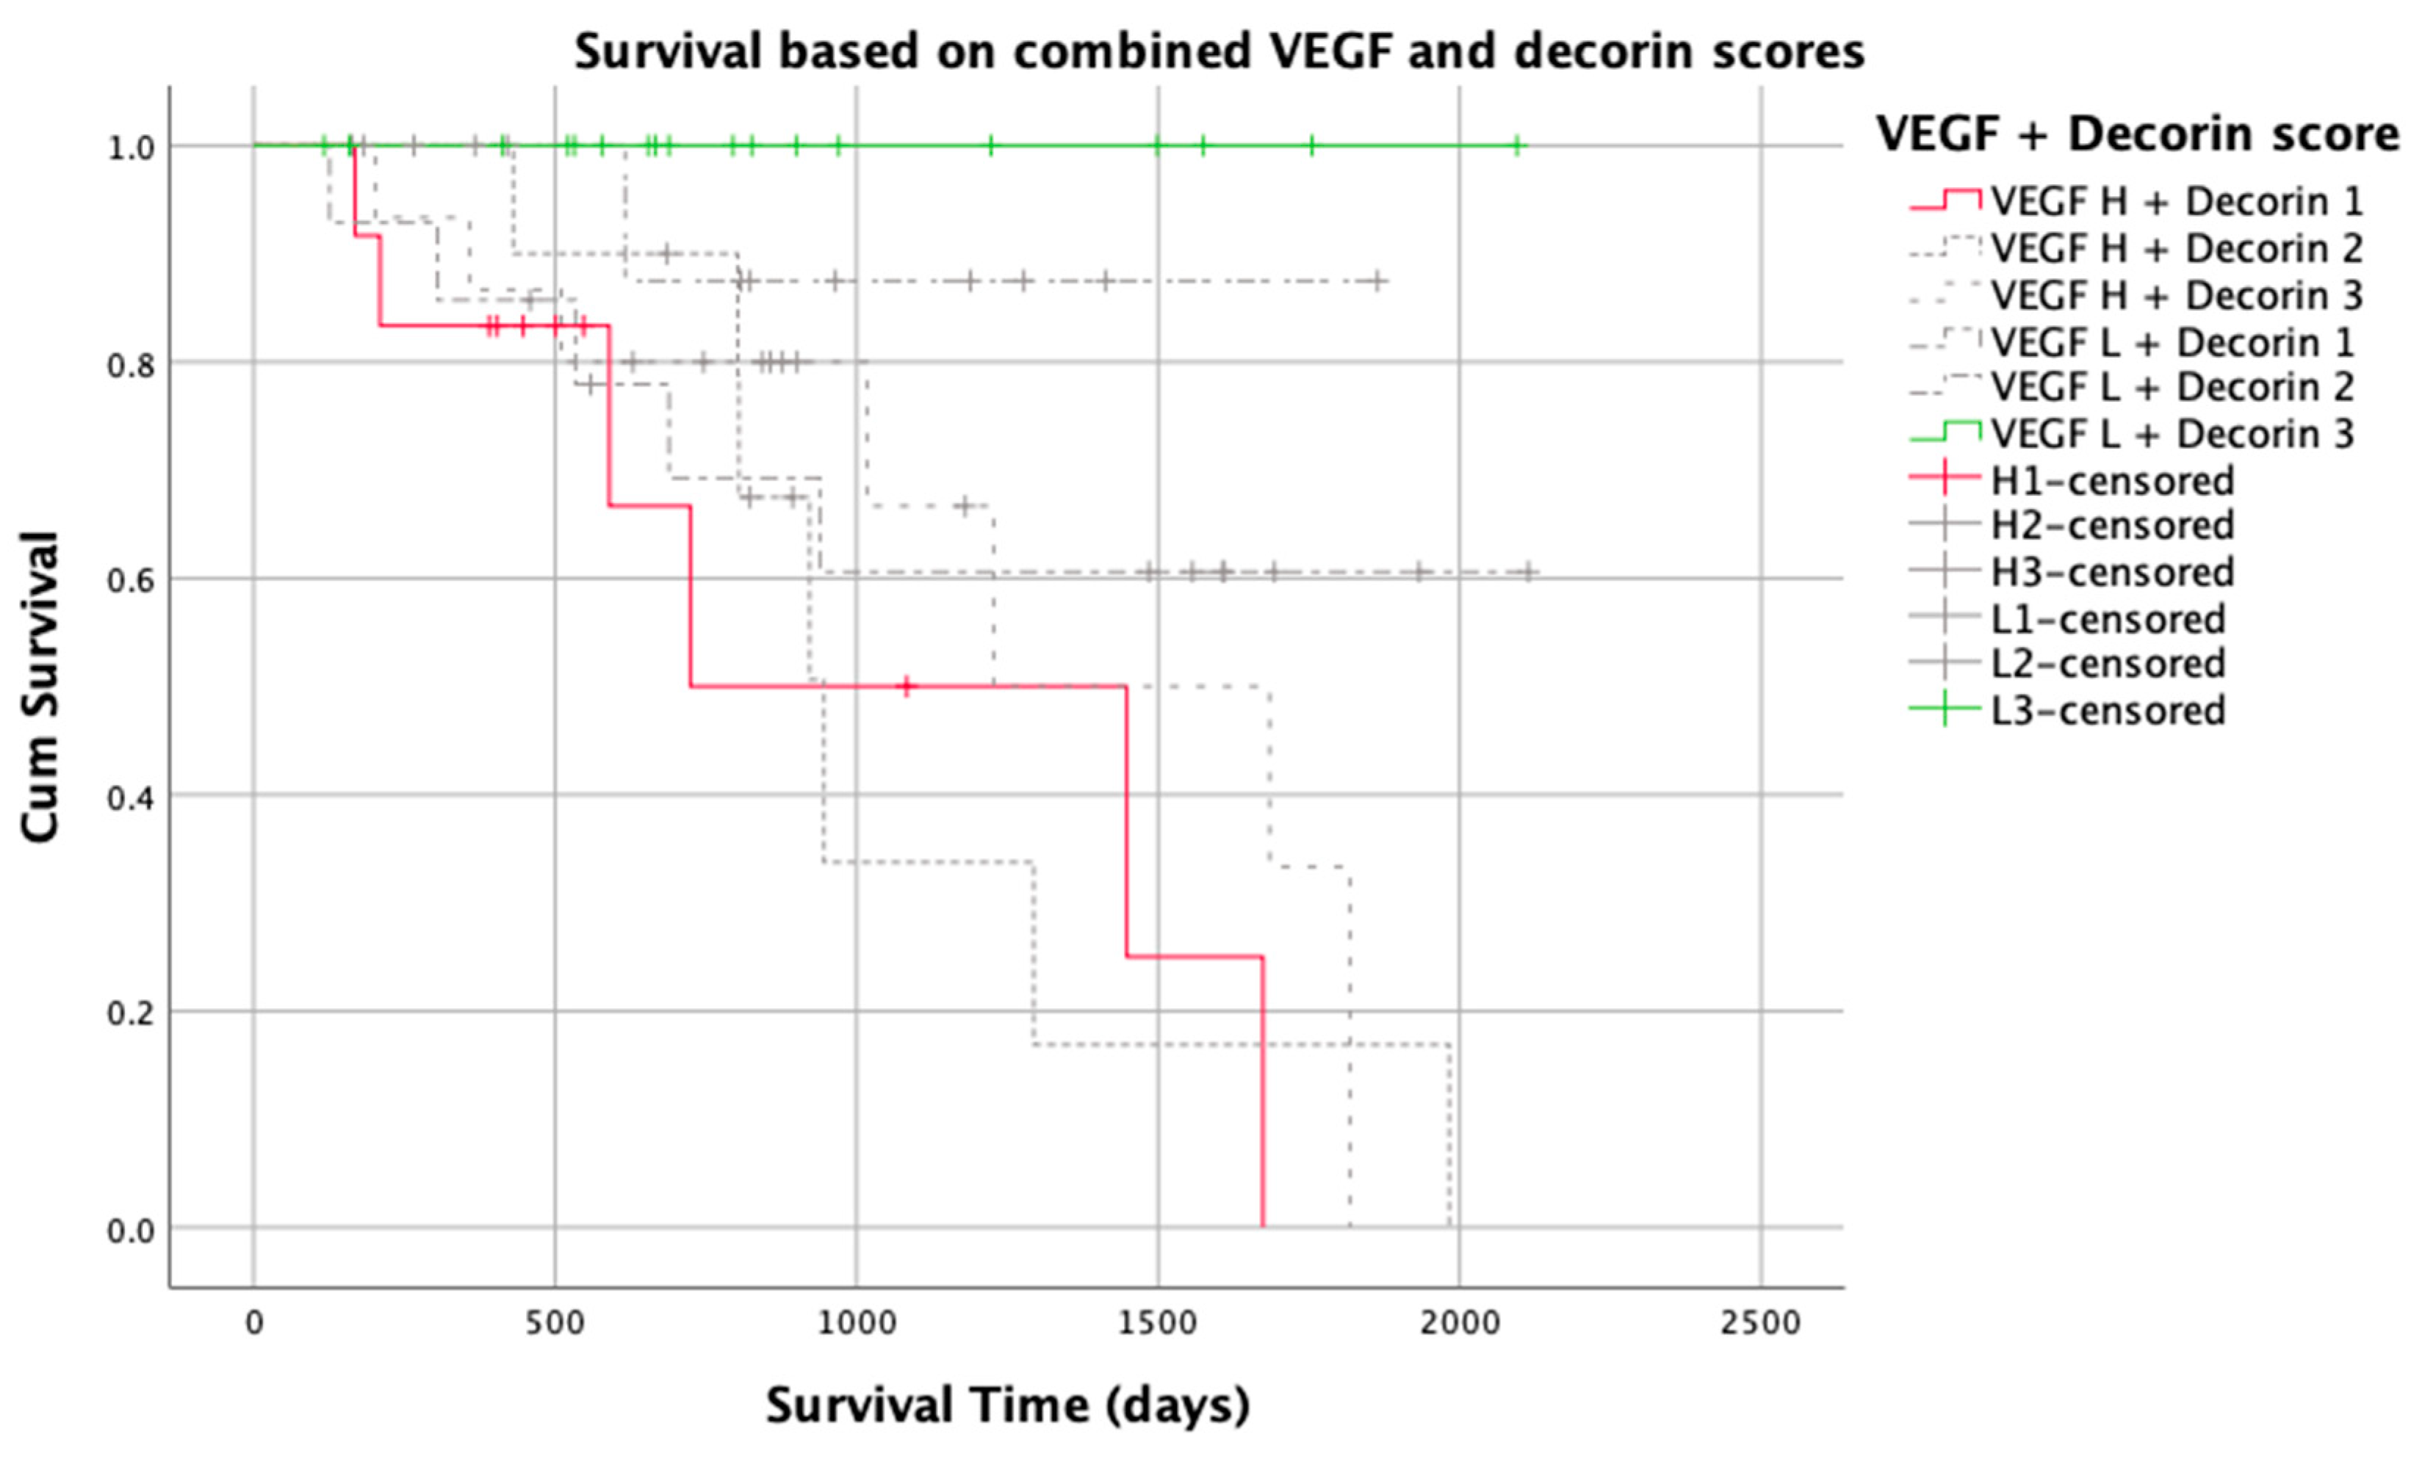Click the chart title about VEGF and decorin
pyautogui.click(x=1219, y=51)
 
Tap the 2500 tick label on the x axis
pyautogui.click(x=1759, y=1322)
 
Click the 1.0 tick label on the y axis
pyautogui.click(x=131, y=148)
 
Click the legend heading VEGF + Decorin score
pyautogui.click(x=2136, y=134)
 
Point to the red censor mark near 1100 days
pyautogui.click(x=907, y=687)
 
